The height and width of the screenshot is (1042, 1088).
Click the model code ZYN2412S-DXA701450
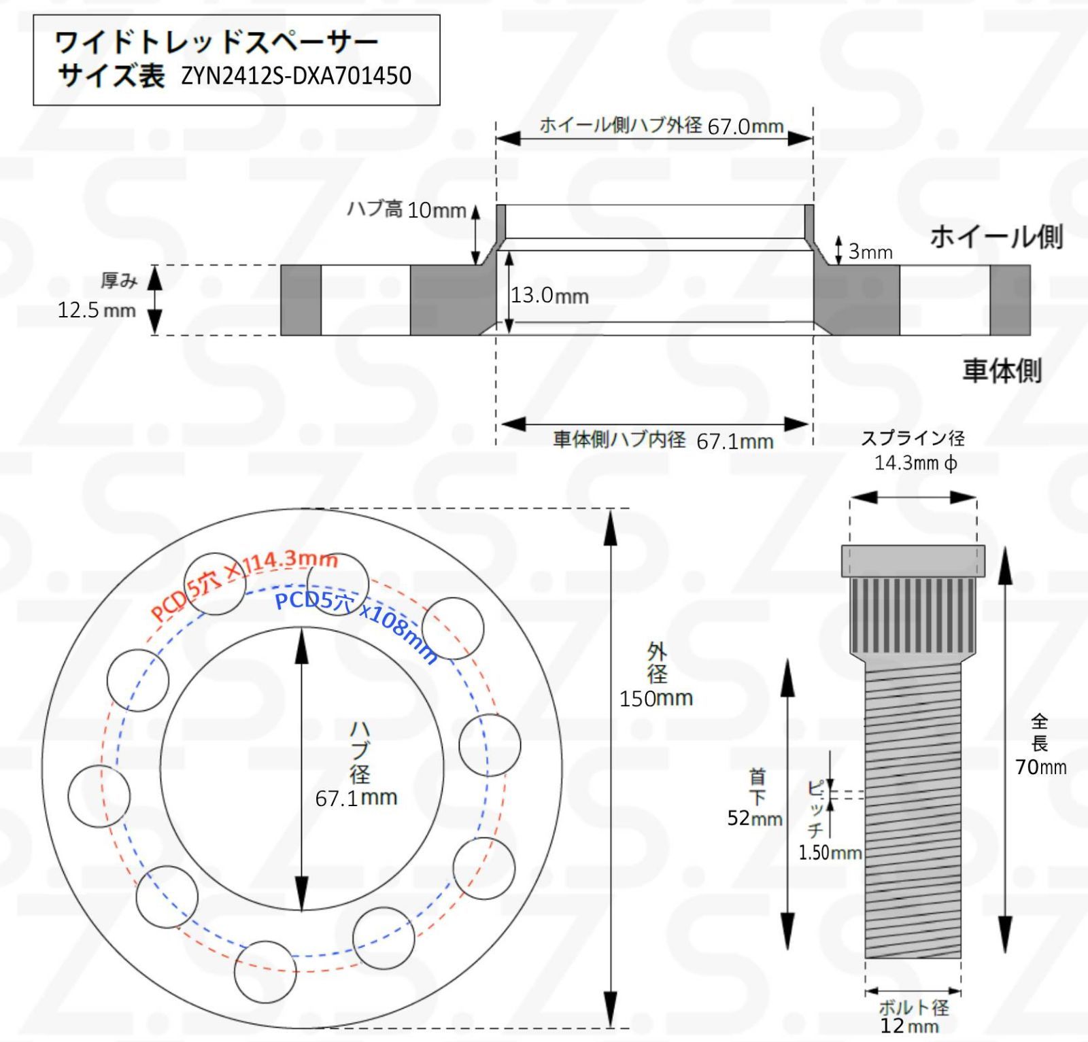[x=296, y=75]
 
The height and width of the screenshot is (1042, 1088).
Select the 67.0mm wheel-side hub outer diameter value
[x=745, y=126]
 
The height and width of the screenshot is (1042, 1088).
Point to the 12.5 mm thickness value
[x=97, y=311]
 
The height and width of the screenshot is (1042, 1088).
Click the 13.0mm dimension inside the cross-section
[x=549, y=296]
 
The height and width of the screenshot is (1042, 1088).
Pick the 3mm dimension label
[x=870, y=252]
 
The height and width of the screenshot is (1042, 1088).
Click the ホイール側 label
[x=996, y=237]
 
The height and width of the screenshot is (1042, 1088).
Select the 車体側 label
[x=1002, y=371]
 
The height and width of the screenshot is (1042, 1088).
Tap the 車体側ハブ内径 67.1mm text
[x=663, y=440]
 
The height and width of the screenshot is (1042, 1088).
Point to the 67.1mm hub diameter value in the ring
[x=356, y=798]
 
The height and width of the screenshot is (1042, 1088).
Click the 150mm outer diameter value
[x=656, y=699]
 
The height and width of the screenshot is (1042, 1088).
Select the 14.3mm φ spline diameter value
[x=915, y=464]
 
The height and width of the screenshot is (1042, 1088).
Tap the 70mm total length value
[x=1040, y=767]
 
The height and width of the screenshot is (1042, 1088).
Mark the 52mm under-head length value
[x=754, y=818]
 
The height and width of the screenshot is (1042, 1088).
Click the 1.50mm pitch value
[x=830, y=853]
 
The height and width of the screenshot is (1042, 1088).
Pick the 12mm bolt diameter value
[x=909, y=1026]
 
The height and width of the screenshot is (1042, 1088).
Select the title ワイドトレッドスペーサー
[x=216, y=44]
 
